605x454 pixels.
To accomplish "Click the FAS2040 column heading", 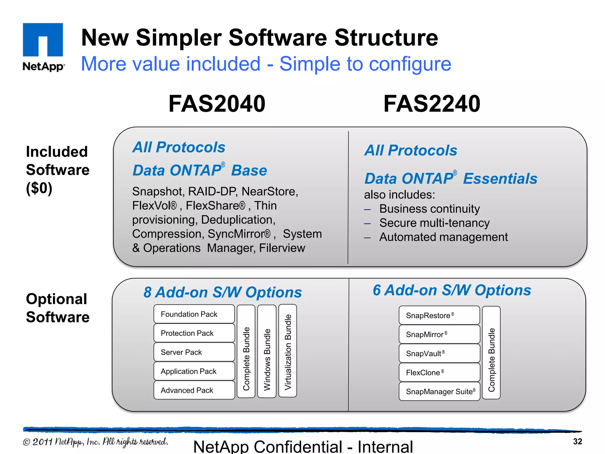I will [217, 104].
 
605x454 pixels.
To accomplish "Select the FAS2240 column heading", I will [432, 104].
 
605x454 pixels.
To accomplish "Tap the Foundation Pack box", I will [194, 314].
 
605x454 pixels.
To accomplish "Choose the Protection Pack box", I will [194, 333].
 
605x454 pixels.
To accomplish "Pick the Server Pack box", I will [194, 352].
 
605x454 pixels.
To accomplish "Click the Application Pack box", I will [194, 371].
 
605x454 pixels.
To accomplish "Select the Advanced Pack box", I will [194, 390].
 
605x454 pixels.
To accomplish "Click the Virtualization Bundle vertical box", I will [288, 351].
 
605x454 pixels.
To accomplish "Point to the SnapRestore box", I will [439, 315].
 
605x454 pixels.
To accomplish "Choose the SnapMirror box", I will [439, 334].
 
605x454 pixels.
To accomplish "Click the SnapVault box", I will [439, 354].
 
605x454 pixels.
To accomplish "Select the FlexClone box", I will [439, 372].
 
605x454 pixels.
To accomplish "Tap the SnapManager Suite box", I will [439, 392].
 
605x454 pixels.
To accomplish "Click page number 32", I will [577, 442].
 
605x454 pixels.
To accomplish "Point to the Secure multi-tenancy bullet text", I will [434, 223].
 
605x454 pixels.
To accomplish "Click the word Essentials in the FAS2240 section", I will [500, 179].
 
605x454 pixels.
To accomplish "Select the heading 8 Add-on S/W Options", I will [222, 292].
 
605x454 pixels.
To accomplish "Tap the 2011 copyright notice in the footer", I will [95, 442].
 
